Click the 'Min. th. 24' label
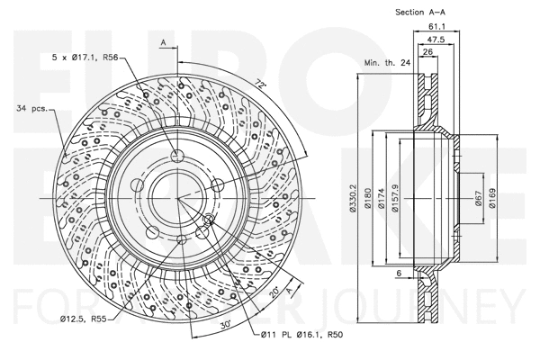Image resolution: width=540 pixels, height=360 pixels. click(386, 63)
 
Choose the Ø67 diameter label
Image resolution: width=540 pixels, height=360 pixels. click(480, 198)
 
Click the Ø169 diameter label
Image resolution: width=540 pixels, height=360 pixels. click(493, 198)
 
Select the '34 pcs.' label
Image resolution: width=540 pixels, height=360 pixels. click(32, 110)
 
